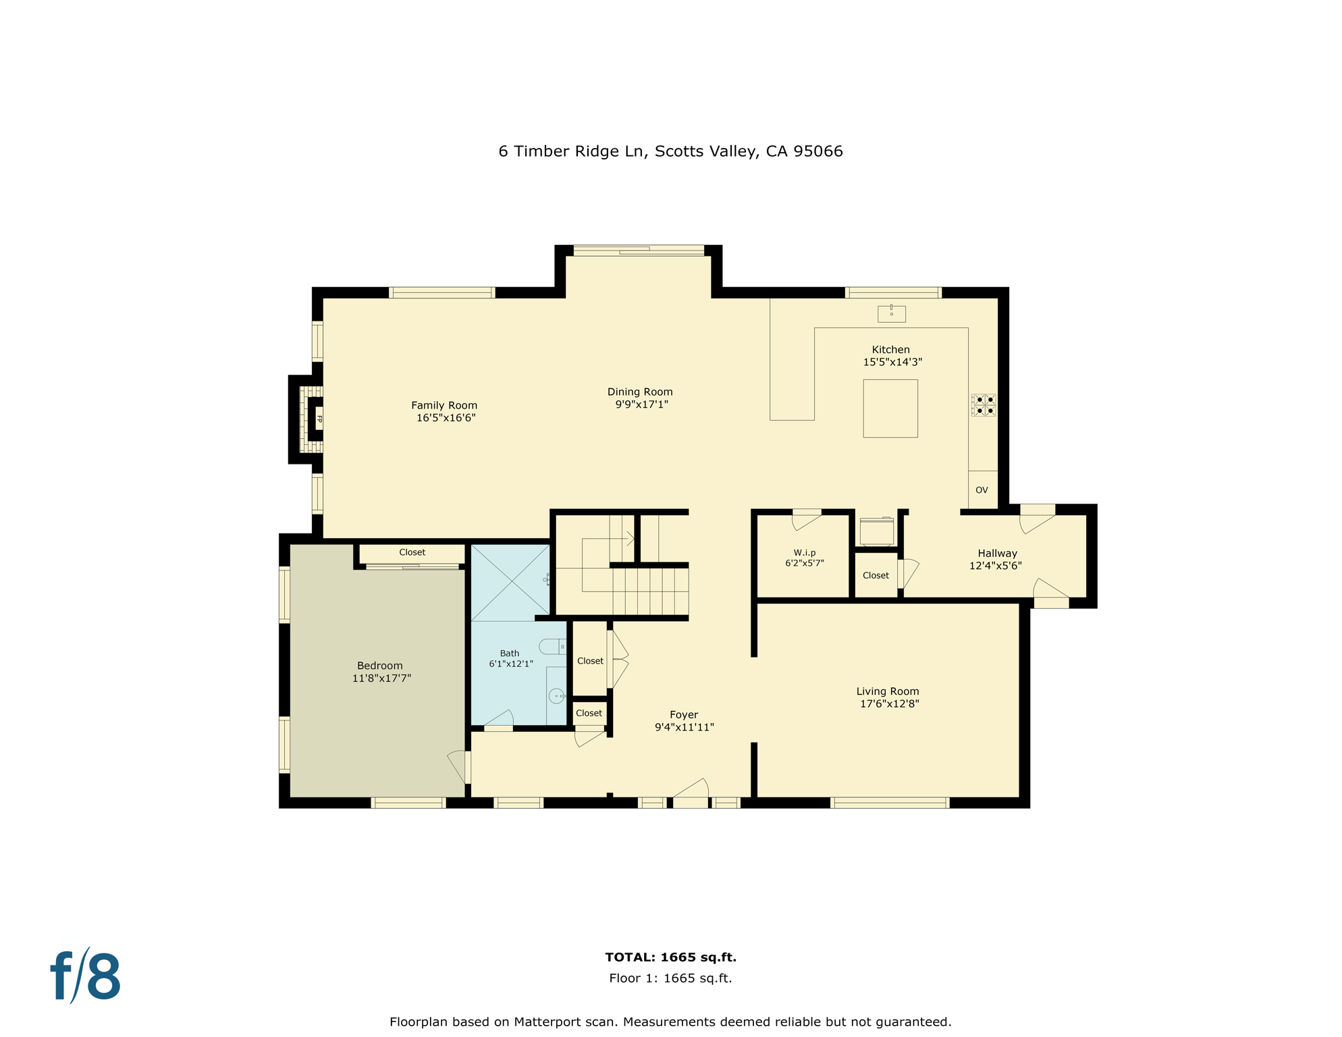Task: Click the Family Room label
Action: coord(444,405)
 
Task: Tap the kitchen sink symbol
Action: coord(891,313)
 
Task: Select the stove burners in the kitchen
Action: coord(984,405)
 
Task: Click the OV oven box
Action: coord(982,490)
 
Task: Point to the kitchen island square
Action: coord(890,408)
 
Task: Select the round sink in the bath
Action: coord(557,696)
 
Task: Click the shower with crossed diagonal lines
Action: coord(510,583)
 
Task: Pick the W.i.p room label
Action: coord(804,553)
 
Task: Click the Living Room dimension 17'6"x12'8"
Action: coord(889,703)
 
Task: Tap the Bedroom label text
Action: coord(379,666)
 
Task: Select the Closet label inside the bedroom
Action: coord(412,552)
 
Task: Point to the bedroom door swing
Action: coord(457,766)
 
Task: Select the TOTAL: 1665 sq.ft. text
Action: coord(670,957)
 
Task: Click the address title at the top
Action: coord(670,151)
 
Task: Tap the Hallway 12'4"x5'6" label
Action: coord(996,559)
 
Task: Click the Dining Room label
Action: coord(639,392)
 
